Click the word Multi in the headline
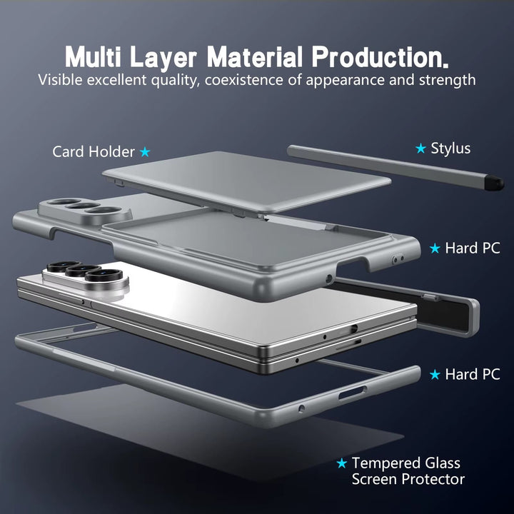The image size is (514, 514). [93, 56]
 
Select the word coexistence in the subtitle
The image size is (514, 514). [244, 80]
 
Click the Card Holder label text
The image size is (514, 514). [94, 152]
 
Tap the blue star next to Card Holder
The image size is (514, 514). [145, 152]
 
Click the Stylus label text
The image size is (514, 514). [450, 148]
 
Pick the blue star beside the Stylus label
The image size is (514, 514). [420, 148]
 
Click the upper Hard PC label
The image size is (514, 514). [473, 248]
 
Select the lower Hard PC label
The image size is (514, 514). [473, 374]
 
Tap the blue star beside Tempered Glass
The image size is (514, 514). [341, 463]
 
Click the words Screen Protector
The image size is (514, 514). [408, 479]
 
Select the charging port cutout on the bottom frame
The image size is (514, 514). [352, 393]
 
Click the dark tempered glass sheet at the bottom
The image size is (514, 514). [210, 433]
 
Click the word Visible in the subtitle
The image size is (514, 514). [60, 80]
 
